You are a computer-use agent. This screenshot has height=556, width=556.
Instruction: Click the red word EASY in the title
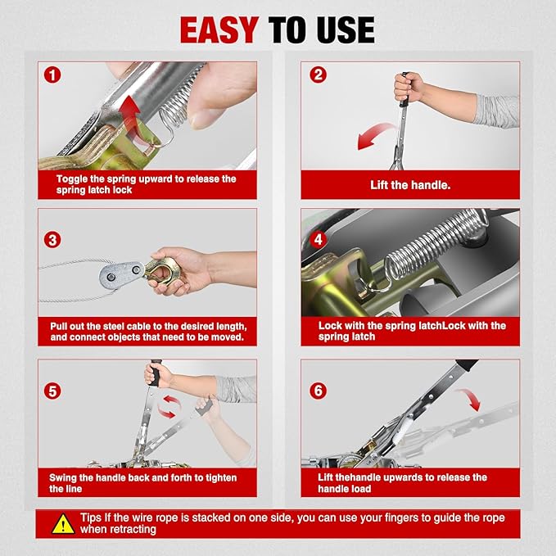219,29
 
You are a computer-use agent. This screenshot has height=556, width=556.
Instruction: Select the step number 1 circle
52,75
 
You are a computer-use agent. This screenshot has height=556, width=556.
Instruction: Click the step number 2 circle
318,75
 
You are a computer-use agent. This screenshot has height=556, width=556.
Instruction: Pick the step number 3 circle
52,240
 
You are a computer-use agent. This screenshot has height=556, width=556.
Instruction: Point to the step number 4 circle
318,239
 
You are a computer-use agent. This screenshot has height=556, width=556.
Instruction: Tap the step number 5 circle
52,391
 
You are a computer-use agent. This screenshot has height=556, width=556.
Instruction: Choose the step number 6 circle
318,391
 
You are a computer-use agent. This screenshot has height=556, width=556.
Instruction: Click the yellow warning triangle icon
63,525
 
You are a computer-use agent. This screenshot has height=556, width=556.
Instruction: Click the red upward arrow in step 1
130,117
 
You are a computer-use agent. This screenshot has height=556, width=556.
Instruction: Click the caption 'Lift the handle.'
410,185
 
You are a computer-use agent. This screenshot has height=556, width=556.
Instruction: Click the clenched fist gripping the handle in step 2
408,87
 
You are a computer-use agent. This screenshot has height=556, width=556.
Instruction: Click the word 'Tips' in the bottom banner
91,518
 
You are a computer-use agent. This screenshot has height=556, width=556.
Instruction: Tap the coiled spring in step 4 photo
436,245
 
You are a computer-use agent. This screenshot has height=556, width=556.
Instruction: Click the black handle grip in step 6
467,365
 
